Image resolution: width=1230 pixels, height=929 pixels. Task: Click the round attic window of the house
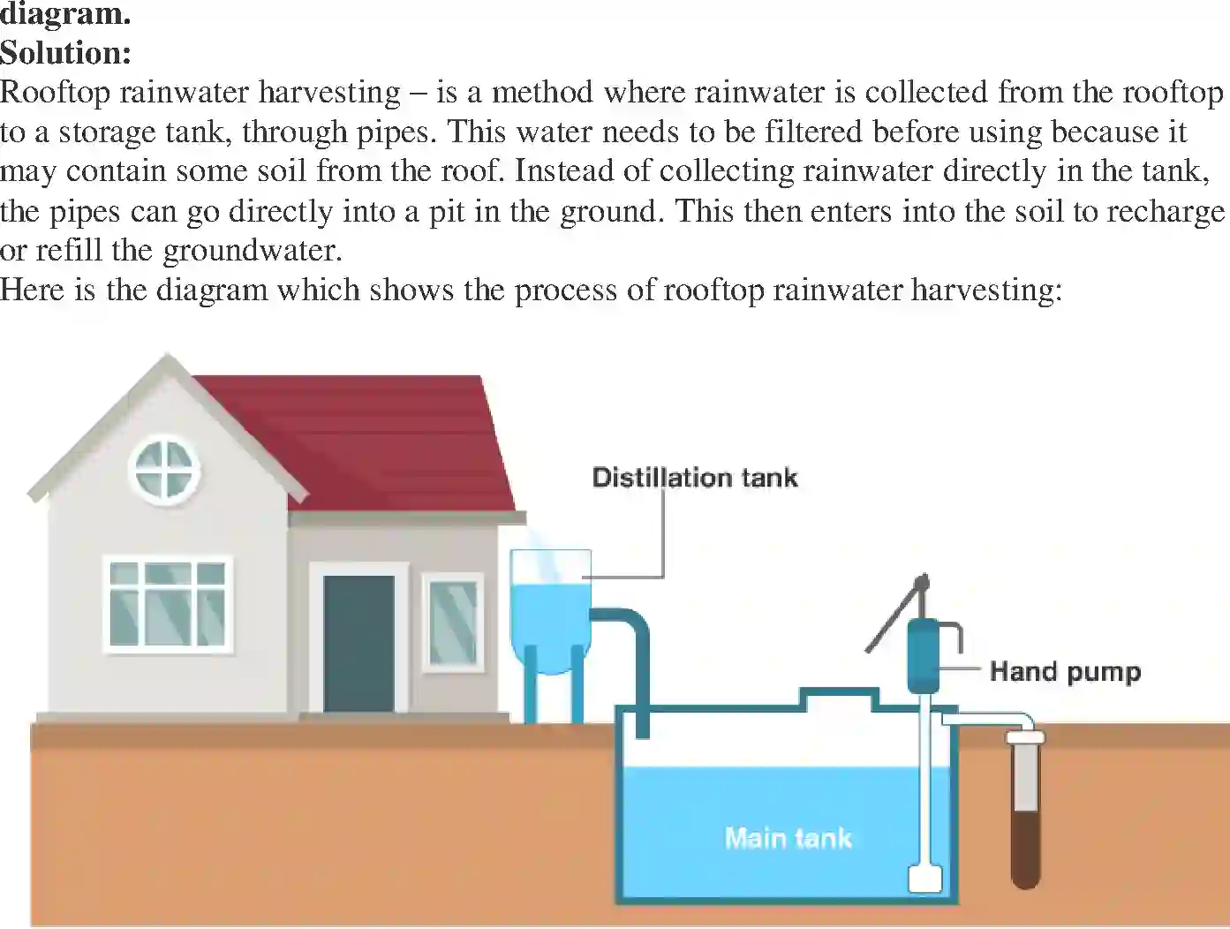tap(164, 469)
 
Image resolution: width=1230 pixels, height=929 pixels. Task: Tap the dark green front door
tap(358, 642)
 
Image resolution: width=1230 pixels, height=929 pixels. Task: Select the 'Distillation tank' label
tap(694, 478)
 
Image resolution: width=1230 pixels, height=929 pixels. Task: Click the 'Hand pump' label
tap(1065, 671)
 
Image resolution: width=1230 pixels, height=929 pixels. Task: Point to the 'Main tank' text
tap(788, 837)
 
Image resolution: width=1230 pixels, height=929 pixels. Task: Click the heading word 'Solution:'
tap(65, 53)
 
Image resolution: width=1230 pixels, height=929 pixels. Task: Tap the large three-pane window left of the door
tap(168, 605)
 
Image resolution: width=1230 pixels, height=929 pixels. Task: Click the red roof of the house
tap(380, 442)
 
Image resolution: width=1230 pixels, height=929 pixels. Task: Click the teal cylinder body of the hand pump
tap(924, 655)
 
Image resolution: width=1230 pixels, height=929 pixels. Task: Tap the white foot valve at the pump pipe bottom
tap(924, 879)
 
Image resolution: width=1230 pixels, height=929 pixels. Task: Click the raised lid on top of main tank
tap(839, 699)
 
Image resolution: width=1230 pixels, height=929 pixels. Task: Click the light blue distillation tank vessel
tap(550, 609)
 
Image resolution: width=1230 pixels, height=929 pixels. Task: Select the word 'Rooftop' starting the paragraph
tap(55, 92)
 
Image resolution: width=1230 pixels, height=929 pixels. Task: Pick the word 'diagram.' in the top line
tap(65, 13)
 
